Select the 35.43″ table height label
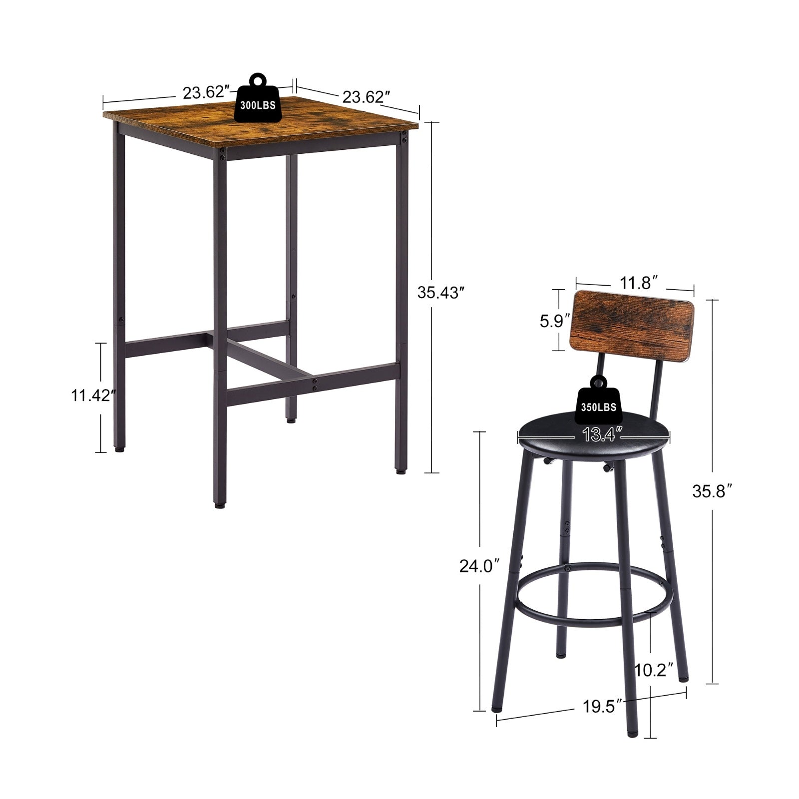(438, 293)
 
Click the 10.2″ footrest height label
(654, 669)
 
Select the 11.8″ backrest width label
(636, 283)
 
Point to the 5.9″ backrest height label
(552, 321)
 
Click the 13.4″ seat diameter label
(598, 435)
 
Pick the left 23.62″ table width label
(206, 93)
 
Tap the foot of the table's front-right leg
(400, 470)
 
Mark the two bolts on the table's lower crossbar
(315, 385)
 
